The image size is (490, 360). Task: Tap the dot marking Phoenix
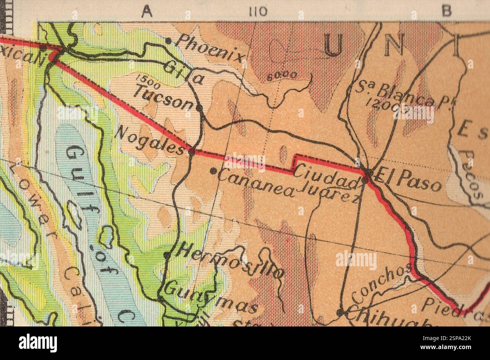click(x=168, y=40)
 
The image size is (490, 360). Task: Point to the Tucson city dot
click(x=200, y=108)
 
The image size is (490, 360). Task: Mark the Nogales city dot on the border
click(x=191, y=152)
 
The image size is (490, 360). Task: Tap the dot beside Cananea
click(x=213, y=171)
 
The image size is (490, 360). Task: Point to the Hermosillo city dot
click(x=167, y=255)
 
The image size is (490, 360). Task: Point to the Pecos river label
click(x=473, y=175)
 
